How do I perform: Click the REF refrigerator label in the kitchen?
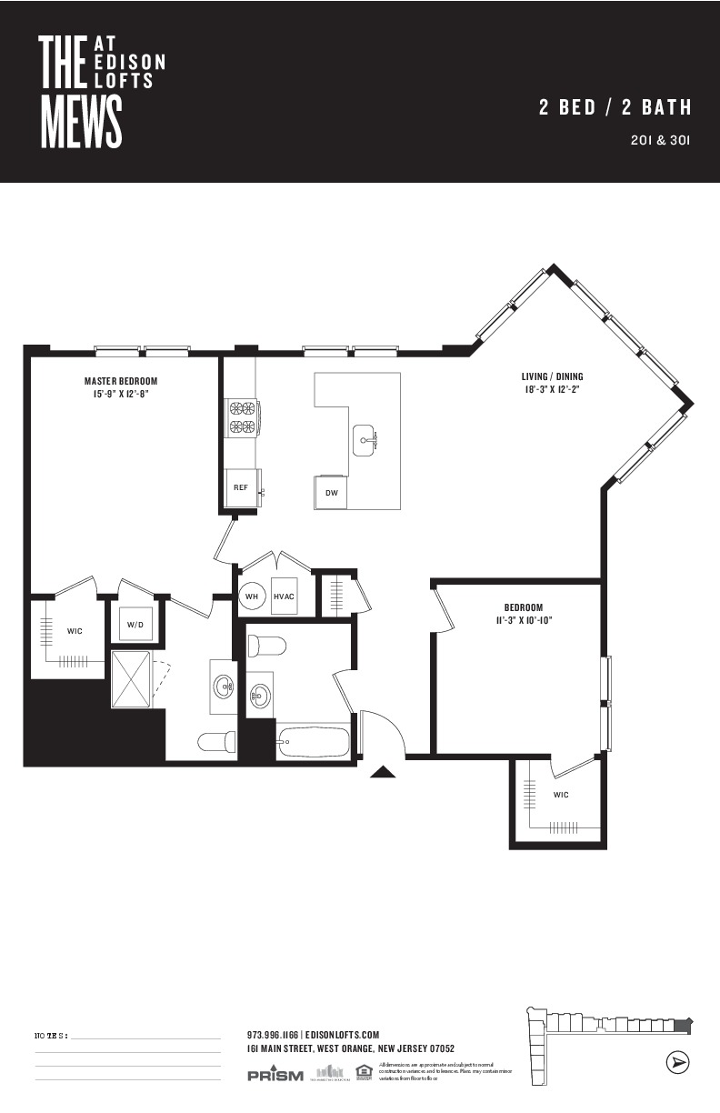(x=241, y=487)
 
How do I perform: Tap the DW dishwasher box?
(x=332, y=492)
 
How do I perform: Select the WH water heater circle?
(x=252, y=597)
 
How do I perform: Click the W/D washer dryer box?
(x=135, y=624)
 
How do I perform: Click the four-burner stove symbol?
(x=242, y=417)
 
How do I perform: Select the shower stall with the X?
(x=132, y=678)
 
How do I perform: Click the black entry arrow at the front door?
(x=384, y=773)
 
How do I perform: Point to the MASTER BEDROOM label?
(x=121, y=381)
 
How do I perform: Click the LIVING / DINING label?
(x=552, y=376)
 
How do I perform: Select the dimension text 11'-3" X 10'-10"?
(x=523, y=620)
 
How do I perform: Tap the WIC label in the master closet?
(x=75, y=631)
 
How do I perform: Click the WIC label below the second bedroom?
(x=561, y=795)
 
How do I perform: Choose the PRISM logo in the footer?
(x=275, y=1076)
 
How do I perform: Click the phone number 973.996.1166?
(x=272, y=1035)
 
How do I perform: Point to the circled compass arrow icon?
(x=676, y=1062)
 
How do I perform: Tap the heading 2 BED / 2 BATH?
(x=615, y=107)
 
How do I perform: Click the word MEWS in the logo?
(x=82, y=123)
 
